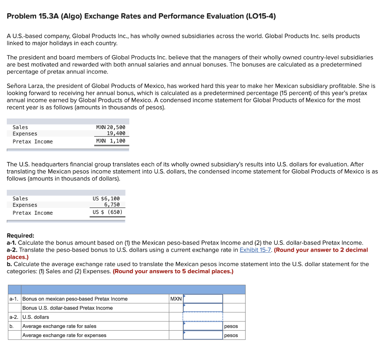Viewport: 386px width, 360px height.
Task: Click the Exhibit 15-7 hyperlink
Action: coord(255,250)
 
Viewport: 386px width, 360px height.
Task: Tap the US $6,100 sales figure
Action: coord(106,198)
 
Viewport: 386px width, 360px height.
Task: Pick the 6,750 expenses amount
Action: coord(112,205)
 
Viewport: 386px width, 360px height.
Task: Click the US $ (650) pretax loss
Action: coord(107,212)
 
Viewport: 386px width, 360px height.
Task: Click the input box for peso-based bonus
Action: coord(203,299)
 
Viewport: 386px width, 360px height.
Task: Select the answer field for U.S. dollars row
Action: coord(203,317)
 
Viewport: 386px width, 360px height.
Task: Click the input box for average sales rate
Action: coord(203,326)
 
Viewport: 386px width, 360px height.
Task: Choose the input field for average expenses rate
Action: coord(203,335)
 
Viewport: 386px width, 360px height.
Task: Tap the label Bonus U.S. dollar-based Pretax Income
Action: coord(67,308)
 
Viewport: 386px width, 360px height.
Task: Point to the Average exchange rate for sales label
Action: coord(59,326)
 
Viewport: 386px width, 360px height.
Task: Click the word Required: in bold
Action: coord(20,235)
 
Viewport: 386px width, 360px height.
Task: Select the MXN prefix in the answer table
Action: coord(176,299)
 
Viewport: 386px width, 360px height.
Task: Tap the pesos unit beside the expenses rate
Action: coord(231,335)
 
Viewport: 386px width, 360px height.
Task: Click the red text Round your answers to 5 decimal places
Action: coord(173,271)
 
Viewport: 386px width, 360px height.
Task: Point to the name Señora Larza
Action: coord(25,86)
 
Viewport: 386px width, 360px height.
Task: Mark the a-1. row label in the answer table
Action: coord(14,299)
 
